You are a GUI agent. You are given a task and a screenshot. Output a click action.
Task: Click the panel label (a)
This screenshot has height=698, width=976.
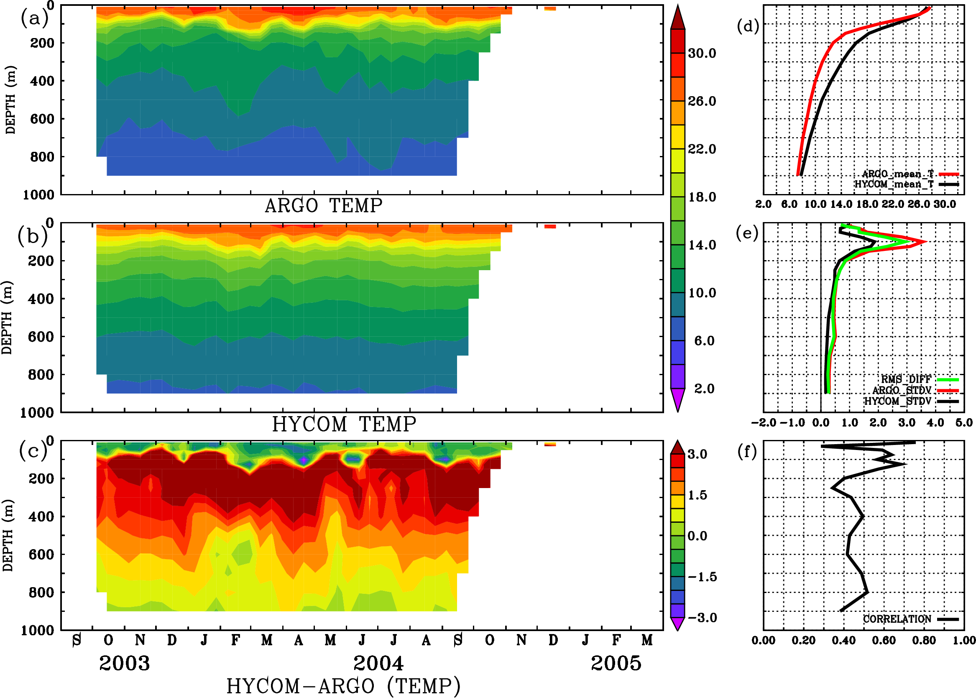[34, 18]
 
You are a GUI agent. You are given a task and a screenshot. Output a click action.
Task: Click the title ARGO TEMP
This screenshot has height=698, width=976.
[323, 206]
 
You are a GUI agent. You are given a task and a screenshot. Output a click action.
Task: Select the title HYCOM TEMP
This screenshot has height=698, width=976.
[344, 424]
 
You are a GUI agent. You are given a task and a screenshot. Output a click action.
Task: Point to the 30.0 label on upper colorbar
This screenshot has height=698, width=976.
[702, 53]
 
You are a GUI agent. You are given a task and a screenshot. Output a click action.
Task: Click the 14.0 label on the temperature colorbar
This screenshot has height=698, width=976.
[702, 245]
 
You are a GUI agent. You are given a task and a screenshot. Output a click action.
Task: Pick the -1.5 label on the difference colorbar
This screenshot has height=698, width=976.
[702, 577]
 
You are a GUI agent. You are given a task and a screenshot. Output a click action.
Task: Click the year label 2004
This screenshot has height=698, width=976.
[378, 663]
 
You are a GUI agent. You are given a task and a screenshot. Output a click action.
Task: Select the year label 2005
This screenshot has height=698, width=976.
[616, 663]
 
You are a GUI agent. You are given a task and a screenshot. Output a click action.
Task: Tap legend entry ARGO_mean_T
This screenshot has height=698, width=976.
[897, 174]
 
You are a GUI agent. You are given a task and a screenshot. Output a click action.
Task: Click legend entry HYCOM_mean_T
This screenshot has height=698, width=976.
[894, 184]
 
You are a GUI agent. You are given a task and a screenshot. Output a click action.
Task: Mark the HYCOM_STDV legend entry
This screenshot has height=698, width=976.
[897, 401]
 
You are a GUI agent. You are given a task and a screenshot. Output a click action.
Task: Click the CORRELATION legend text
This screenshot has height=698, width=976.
[897, 619]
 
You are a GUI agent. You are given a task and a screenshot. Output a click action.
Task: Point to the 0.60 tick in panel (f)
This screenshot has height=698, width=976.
[884, 640]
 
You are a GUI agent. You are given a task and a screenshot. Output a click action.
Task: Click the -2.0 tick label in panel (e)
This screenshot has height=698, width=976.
[764, 423]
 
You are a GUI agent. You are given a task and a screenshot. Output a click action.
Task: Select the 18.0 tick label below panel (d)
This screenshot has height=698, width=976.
[867, 204]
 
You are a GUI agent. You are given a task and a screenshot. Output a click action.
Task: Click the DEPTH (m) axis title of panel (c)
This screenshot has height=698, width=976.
[8, 535]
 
